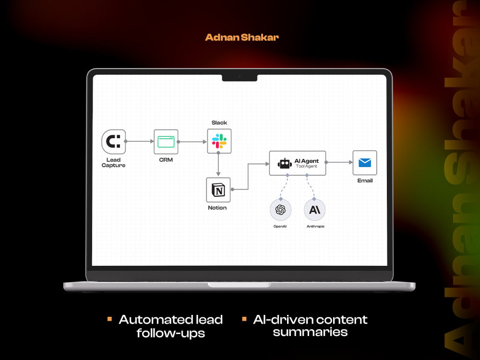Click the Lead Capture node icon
(x=114, y=142)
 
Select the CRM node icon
(x=166, y=142)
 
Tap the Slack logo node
(x=219, y=141)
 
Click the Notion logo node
(x=218, y=190)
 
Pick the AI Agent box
(x=298, y=163)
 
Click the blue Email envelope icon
(x=365, y=163)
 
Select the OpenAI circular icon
(x=280, y=210)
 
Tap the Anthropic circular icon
(x=315, y=210)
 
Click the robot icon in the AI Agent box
(x=285, y=164)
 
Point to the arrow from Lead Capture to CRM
(x=140, y=142)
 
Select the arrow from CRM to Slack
(x=192, y=142)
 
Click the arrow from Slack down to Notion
(x=218, y=164)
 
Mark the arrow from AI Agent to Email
(x=339, y=162)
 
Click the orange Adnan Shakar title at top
(x=242, y=37)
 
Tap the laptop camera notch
(x=240, y=78)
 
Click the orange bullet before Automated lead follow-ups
(x=109, y=319)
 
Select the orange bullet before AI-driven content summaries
(x=244, y=319)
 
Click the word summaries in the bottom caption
(x=310, y=332)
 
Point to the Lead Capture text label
(x=114, y=163)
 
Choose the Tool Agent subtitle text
(x=306, y=166)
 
